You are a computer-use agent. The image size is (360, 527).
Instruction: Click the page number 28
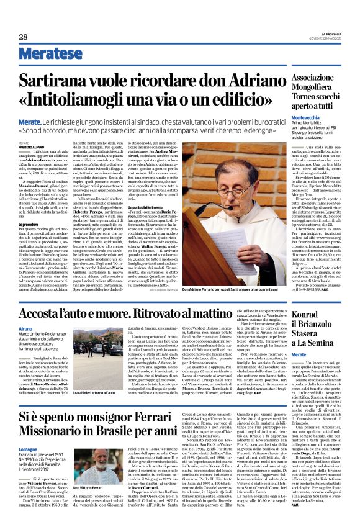(23, 37)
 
